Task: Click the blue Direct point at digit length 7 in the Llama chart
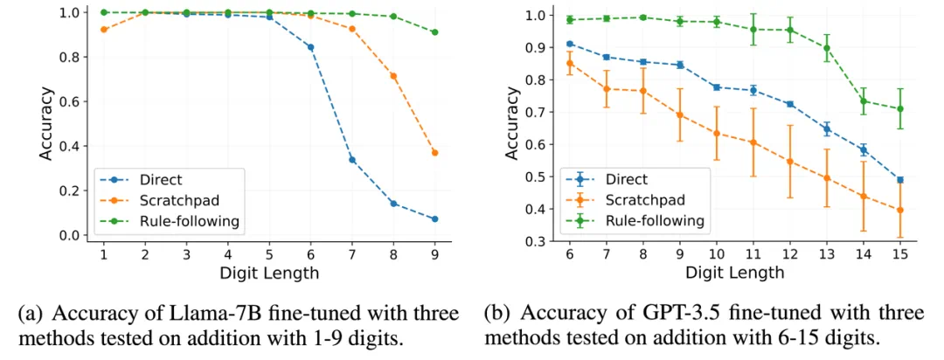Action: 352,160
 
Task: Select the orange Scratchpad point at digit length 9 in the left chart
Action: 434,153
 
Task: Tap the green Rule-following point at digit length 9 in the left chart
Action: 434,32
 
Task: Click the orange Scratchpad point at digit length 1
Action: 104,30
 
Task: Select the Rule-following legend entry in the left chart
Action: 189,221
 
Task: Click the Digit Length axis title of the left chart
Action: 269,273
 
